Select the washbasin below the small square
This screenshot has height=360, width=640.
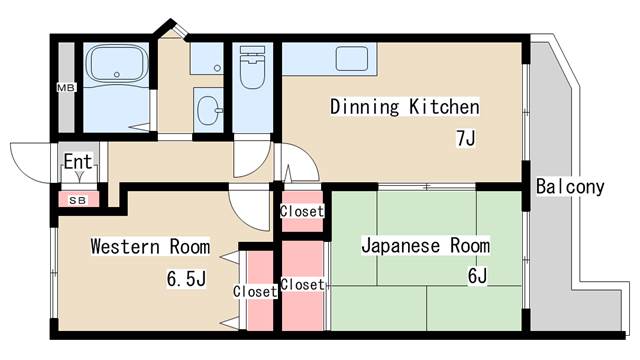[x=208, y=108]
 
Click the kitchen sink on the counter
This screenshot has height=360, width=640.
[x=353, y=58]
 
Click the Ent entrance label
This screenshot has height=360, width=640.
[x=77, y=161]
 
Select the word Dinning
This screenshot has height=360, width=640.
[x=366, y=107]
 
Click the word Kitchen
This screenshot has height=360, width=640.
[x=443, y=107]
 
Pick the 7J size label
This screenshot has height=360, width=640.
[x=465, y=139]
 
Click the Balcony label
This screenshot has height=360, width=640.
[x=569, y=186]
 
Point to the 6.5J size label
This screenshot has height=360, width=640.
[x=186, y=278]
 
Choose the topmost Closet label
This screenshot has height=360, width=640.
[x=302, y=211]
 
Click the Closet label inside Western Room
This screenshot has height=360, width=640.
[x=255, y=291]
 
